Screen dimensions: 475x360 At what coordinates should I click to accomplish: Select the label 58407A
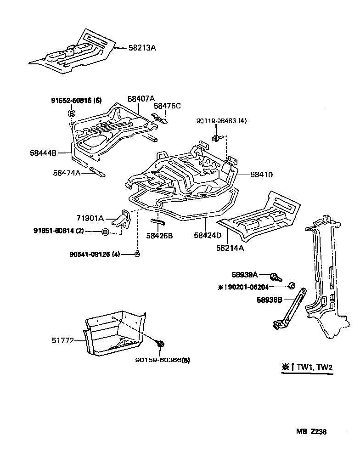tap(141, 99)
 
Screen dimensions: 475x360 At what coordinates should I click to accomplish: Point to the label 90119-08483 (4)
tap(221, 121)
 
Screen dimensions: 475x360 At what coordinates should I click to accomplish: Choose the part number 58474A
tap(67, 173)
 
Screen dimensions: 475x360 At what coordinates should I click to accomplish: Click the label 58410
tap(262, 175)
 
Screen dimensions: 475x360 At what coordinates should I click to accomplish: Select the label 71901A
tap(90, 218)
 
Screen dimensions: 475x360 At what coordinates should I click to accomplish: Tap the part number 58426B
tap(159, 236)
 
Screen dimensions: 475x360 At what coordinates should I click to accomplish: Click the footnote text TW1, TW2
tap(315, 367)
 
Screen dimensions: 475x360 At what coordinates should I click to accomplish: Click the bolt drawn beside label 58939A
tap(276, 277)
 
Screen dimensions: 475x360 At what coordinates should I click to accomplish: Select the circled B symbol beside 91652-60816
tap(72, 113)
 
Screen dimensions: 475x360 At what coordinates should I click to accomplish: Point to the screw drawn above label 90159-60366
tap(161, 343)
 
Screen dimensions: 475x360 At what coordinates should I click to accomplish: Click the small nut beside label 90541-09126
tap(137, 254)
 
